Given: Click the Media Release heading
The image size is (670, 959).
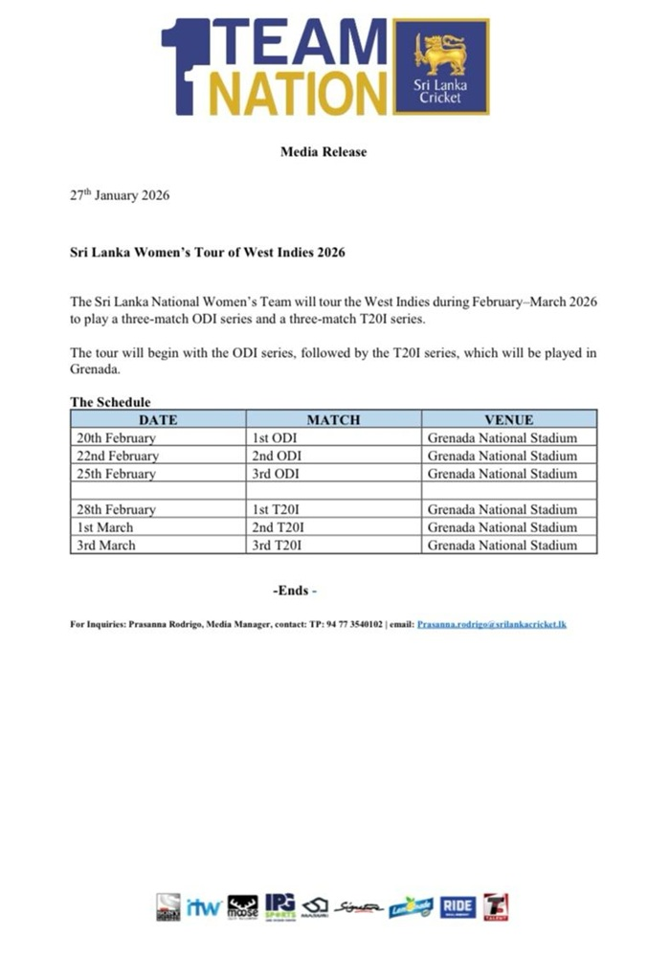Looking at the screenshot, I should click(323, 151).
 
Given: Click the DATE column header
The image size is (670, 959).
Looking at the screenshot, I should click(158, 419).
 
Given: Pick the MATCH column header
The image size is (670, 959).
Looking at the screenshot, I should click(333, 419).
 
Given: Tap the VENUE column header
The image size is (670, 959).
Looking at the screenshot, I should click(508, 419).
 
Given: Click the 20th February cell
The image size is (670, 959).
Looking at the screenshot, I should click(116, 437).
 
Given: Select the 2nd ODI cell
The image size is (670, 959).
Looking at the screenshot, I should click(276, 456).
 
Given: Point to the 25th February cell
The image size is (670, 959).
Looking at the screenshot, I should click(116, 474).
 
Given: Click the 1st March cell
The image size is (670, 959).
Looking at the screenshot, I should click(105, 527).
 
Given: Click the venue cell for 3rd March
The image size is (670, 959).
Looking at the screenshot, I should click(502, 546).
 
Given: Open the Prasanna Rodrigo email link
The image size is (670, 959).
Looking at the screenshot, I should click(492, 624).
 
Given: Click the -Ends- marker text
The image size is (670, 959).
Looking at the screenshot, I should click(295, 591).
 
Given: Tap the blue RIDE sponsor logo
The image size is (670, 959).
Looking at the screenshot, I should click(458, 907).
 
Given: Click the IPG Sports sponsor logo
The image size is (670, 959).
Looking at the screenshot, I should click(280, 906).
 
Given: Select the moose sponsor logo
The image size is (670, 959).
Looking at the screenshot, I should click(242, 907).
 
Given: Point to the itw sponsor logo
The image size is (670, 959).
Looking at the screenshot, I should click(203, 907).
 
